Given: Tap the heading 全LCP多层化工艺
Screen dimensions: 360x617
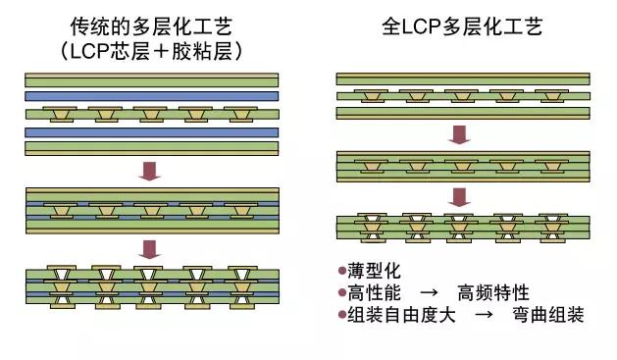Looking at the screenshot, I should pyautogui.click(x=460, y=26).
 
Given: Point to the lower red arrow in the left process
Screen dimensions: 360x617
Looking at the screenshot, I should pyautogui.click(x=149, y=248).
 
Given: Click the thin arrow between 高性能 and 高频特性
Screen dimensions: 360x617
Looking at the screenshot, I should pyautogui.click(x=429, y=291).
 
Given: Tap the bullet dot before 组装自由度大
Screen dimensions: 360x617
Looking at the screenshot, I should pyautogui.click(x=341, y=315).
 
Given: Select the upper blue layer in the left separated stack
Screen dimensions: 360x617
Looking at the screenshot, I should pyautogui.click(x=151, y=97).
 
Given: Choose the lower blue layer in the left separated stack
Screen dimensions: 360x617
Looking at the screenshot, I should pyautogui.click(x=151, y=131).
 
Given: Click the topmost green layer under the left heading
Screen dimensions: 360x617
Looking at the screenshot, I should pyautogui.click(x=151, y=79).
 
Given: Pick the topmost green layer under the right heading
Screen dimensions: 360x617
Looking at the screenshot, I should pyautogui.click(x=462, y=78).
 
